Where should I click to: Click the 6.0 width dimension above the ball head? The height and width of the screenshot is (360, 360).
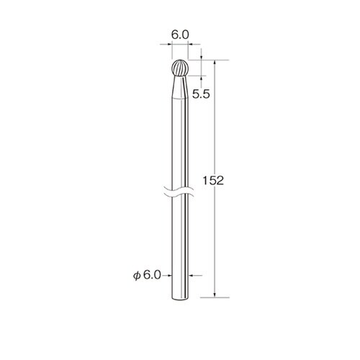tap(180, 35)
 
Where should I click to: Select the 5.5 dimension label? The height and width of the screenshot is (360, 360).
tap(201, 94)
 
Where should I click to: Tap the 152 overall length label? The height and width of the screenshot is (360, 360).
tap(213, 181)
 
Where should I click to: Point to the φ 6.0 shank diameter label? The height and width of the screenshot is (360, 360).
tap(147, 276)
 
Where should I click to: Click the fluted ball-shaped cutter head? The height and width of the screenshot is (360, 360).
tap(180, 68)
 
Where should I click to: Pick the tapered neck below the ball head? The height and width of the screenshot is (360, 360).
tap(180, 87)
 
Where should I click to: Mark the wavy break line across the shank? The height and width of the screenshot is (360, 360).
tap(179, 192)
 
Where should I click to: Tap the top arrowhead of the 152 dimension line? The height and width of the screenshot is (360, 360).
tap(215, 62)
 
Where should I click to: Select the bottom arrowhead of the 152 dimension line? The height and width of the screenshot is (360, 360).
tap(215, 295)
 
